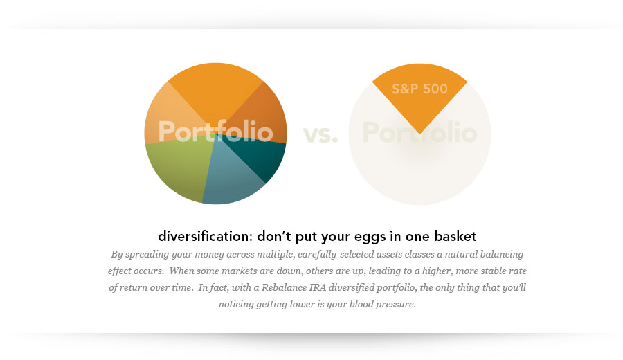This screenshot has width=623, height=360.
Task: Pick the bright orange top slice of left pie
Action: click(215, 90)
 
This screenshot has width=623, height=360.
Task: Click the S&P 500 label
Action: click(419, 89)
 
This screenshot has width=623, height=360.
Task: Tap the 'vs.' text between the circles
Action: click(320, 134)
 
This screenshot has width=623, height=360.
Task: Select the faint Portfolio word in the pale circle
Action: click(419, 133)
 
